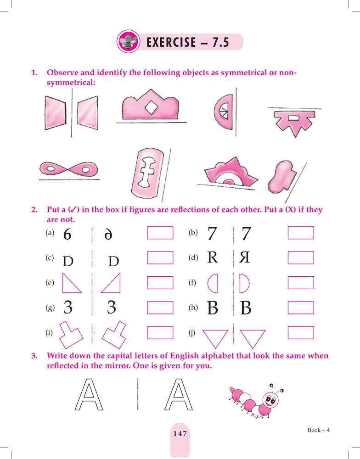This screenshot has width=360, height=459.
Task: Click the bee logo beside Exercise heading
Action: click(128, 42)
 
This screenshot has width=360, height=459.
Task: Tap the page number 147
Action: click(180, 434)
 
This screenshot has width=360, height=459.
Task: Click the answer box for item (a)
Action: click(160, 233)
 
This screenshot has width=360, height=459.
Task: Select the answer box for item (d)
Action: click(301, 258)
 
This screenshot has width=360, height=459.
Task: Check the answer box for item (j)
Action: click(301, 333)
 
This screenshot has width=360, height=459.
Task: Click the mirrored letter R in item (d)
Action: click(244, 257)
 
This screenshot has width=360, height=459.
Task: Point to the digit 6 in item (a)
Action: click(67, 234)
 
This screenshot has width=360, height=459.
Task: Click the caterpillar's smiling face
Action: click(270, 400)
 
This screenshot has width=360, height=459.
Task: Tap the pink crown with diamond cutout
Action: click(150, 106)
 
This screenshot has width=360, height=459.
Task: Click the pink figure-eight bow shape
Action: click(68, 169)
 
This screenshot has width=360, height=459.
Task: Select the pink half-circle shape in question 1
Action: click(224, 112)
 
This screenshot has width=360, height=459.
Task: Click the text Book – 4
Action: click(318, 430)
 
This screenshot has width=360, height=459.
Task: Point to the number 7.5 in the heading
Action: click(220, 42)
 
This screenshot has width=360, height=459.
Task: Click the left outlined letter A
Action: click(89, 395)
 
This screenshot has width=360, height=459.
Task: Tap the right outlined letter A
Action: click(179, 395)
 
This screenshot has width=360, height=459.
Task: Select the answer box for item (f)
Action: click(301, 283)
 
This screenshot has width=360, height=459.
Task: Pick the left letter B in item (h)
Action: click(213, 308)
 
